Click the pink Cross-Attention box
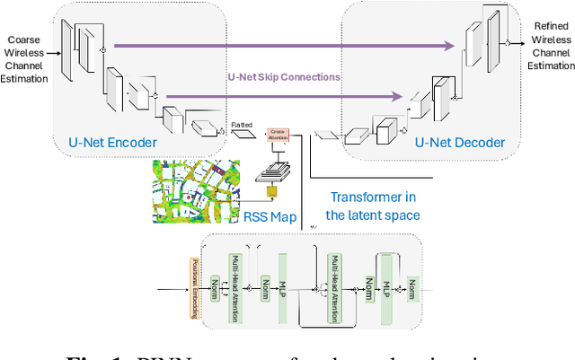click(278, 133)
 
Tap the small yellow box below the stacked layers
click(270, 193)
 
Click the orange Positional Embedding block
click(194, 287)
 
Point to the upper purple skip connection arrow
click(279, 46)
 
